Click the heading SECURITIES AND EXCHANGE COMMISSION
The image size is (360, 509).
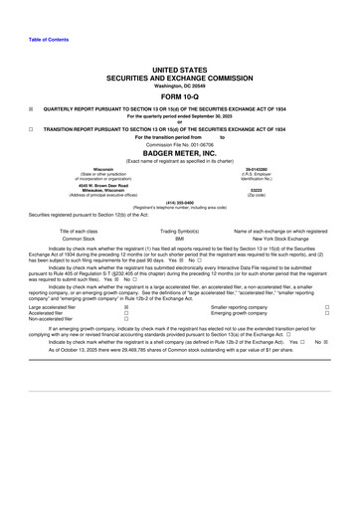(179, 76)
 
